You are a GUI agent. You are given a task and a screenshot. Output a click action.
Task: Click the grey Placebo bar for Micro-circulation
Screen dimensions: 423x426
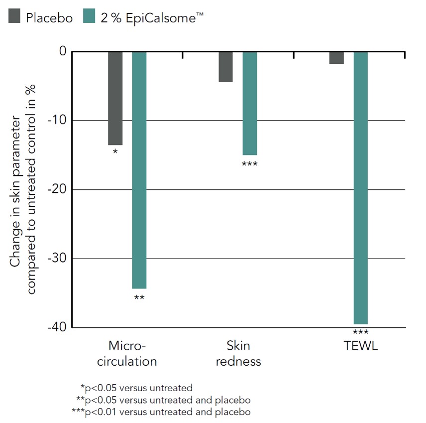click(x=115, y=98)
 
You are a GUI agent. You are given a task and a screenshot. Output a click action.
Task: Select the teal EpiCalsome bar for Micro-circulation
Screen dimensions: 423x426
click(x=139, y=170)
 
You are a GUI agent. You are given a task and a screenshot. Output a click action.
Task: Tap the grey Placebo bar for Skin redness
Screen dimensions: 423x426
click(x=225, y=66)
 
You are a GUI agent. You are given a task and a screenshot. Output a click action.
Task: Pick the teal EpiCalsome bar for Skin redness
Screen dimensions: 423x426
click(x=249, y=103)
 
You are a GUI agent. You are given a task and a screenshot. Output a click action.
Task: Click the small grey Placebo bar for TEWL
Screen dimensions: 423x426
click(x=336, y=57)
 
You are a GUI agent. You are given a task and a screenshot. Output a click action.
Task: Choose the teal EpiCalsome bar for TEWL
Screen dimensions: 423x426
click(x=360, y=187)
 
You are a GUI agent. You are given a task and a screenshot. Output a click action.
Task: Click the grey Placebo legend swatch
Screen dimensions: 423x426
click(x=14, y=17)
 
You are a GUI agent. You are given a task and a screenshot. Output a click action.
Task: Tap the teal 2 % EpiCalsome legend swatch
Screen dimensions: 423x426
click(x=89, y=17)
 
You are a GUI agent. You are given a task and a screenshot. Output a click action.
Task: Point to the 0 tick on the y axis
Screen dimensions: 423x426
click(x=63, y=51)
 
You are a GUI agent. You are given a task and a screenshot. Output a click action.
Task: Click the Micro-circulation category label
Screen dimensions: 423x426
click(x=127, y=353)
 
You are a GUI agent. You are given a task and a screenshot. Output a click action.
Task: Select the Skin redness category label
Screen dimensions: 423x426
click(x=238, y=353)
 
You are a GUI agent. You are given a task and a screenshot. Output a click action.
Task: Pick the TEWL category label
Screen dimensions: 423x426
click(x=360, y=346)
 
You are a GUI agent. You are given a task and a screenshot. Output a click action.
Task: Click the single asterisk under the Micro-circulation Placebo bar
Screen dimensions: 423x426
click(x=115, y=151)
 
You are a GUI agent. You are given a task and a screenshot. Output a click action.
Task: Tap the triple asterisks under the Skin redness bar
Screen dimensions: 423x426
click(x=249, y=164)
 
